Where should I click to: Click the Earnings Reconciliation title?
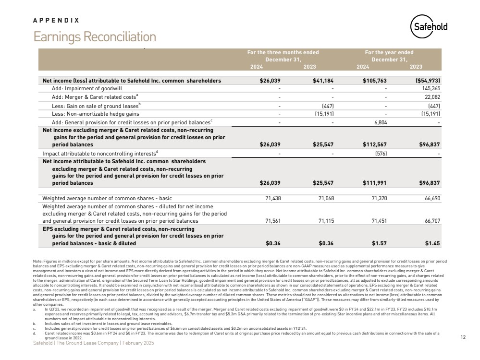coord(94,37)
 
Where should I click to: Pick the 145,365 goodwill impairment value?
coord(429,89)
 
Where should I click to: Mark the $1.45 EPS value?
coord(432,243)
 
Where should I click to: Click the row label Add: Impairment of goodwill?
coord(86,89)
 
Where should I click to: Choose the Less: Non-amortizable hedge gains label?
coord(95,114)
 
